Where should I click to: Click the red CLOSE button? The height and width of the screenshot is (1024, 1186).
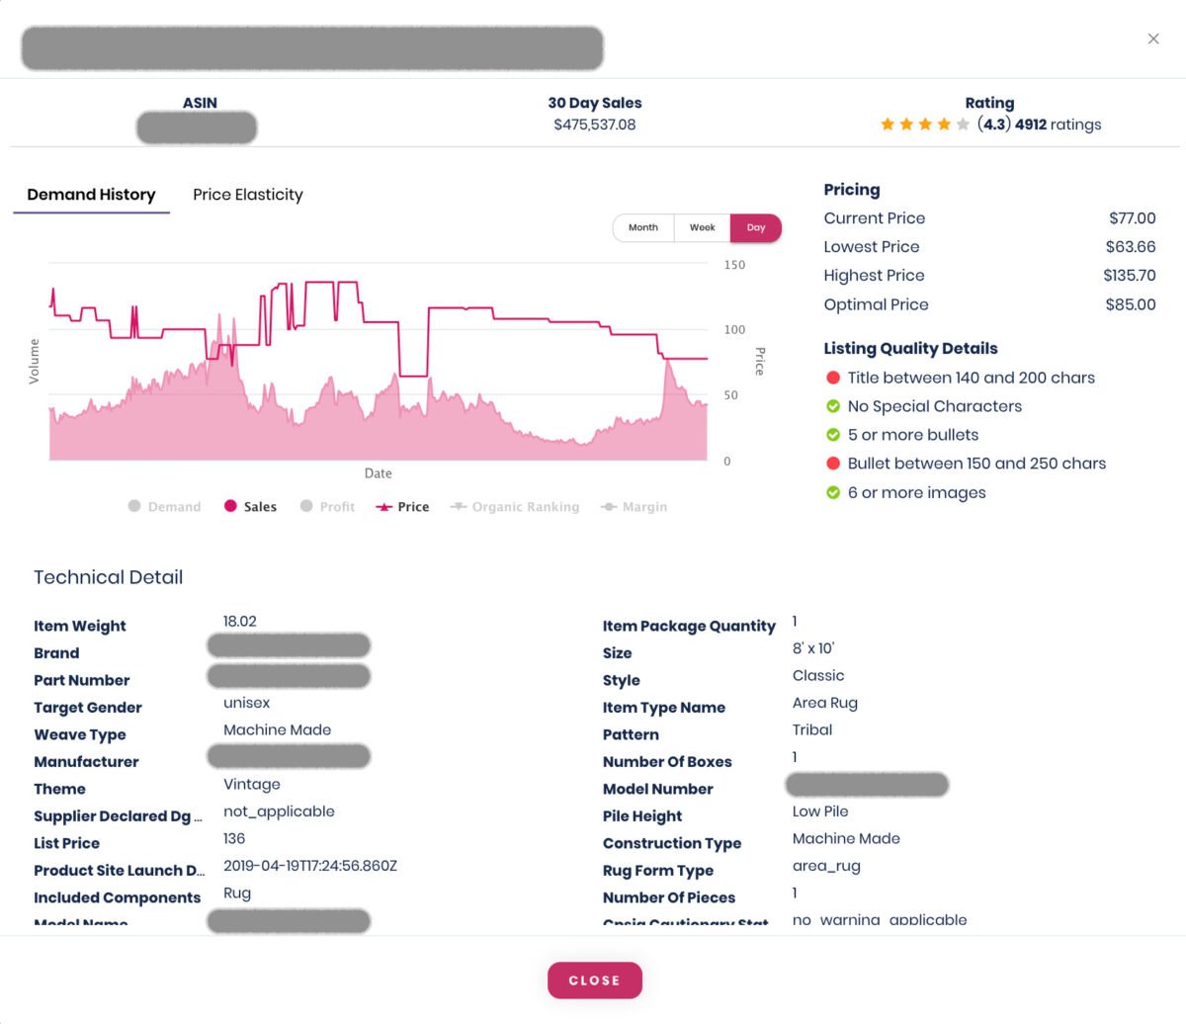tap(594, 981)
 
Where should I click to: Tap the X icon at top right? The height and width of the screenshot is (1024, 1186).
tap(1152, 39)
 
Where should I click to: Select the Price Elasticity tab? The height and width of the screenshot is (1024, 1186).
tap(247, 195)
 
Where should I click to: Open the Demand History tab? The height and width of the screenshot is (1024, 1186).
tap(91, 195)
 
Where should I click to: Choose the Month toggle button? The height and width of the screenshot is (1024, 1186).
tap(642, 227)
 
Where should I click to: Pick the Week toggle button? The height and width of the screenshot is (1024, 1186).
tap(702, 227)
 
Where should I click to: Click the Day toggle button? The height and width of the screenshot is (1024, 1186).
tap(756, 227)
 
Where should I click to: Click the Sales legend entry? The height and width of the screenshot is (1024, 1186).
tap(251, 507)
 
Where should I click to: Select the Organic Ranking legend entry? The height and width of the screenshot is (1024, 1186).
tap(515, 507)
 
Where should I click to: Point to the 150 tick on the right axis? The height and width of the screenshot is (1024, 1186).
tap(734, 265)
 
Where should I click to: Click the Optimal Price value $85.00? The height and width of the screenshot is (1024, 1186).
tap(1130, 304)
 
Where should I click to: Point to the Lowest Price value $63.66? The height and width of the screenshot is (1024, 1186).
tap(1130, 247)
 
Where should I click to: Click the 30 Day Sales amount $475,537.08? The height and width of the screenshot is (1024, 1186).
tap(594, 125)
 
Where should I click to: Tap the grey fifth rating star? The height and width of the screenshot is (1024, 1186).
tap(963, 125)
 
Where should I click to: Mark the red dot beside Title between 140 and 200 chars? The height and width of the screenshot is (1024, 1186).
tap(833, 378)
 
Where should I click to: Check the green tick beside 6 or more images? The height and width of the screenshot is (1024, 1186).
tap(833, 492)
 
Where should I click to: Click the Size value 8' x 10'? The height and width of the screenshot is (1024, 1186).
tap(813, 648)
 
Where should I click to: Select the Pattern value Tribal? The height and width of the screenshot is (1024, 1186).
tap(812, 729)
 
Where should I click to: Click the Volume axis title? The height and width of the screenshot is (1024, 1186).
tap(35, 361)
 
